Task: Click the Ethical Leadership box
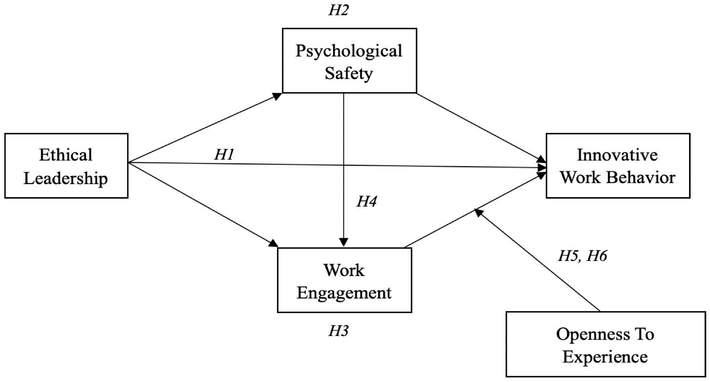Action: (x=66, y=166)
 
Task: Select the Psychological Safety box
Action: (x=349, y=61)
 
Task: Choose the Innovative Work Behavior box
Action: (x=618, y=166)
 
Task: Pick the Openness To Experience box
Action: (x=606, y=344)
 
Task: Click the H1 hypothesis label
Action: (x=224, y=154)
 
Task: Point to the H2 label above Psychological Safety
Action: (x=338, y=10)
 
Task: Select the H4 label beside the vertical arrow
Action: (x=366, y=201)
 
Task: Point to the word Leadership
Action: (x=66, y=178)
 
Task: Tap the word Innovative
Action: (x=617, y=155)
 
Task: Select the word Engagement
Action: (x=344, y=293)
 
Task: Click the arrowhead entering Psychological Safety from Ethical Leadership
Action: (x=277, y=96)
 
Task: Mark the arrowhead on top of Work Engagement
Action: (x=343, y=242)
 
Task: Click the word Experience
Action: (x=605, y=357)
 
